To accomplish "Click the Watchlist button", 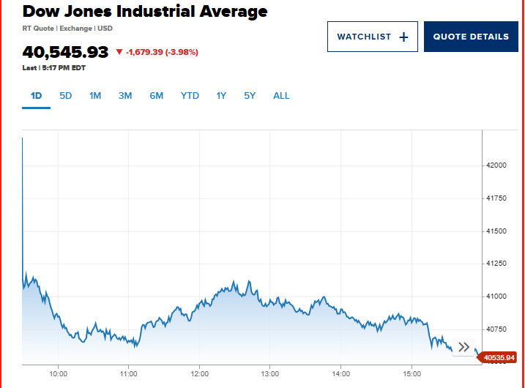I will (372, 37).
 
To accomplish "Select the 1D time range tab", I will (36, 96).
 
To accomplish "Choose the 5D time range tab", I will (66, 96).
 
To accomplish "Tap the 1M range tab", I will (95, 96).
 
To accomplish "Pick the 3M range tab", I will (125, 96).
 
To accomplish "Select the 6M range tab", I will (156, 96).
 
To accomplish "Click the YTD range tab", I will (190, 96).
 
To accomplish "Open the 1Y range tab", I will (221, 96).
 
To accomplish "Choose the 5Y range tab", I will (250, 96).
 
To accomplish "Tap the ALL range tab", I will (281, 96).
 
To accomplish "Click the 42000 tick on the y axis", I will (497, 165).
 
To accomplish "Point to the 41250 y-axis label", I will (497, 264).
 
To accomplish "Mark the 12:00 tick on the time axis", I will (199, 373).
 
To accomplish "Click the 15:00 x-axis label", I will (412, 373).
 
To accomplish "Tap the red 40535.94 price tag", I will (500, 358).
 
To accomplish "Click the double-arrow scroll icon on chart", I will (463, 347).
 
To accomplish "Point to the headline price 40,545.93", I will (65, 52).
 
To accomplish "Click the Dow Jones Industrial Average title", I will (145, 12).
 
